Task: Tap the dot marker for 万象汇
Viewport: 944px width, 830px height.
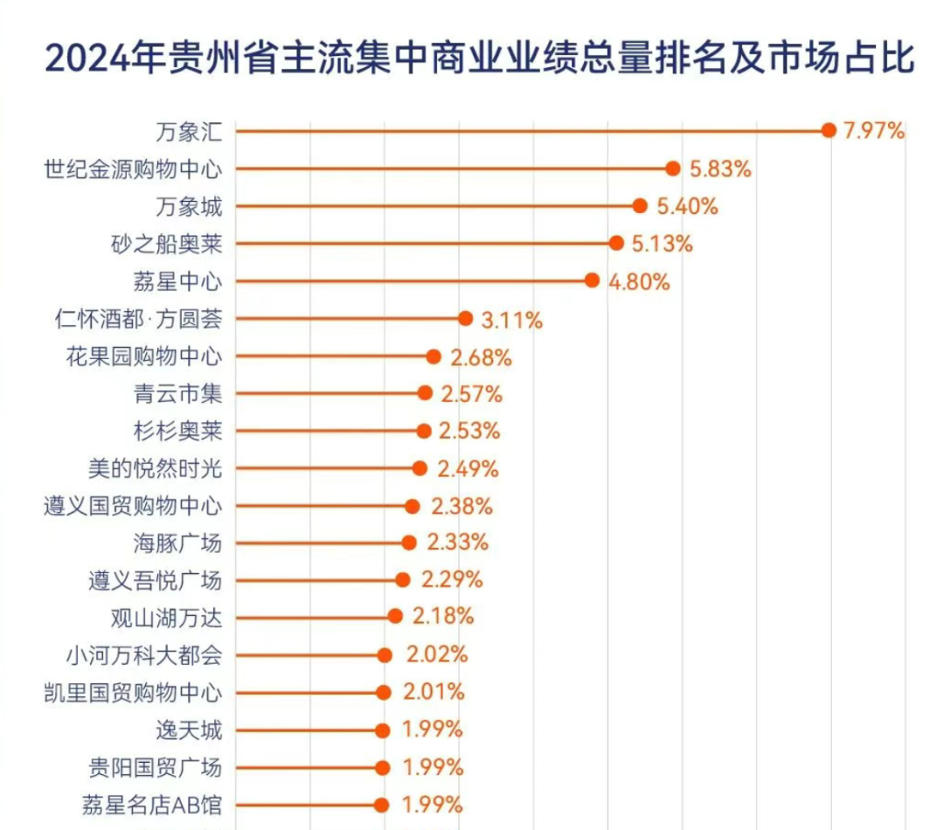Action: [829, 130]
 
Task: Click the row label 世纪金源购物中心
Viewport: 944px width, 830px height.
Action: [133, 169]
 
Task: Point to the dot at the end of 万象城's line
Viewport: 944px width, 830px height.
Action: [640, 206]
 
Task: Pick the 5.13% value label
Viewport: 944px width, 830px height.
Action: [662, 244]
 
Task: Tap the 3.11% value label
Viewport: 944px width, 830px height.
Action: [511, 319]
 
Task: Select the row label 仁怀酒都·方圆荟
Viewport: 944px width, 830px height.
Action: [138, 319]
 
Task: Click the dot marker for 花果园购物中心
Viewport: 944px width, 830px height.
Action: [434, 356]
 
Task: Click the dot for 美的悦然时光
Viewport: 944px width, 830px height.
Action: [420, 468]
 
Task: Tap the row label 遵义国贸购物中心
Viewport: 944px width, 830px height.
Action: [133, 506]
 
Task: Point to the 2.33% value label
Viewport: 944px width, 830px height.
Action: [457, 543]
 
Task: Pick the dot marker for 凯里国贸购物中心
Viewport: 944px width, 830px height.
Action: [383, 693]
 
